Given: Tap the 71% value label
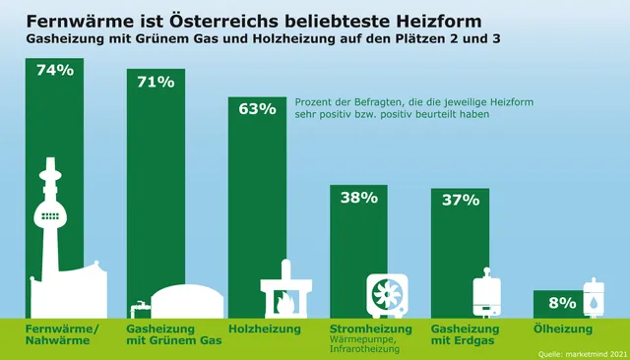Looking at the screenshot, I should [156, 82].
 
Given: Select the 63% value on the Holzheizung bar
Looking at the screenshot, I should [257, 108].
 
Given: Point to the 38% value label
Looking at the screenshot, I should [358, 197].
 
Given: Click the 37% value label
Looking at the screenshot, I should [460, 200].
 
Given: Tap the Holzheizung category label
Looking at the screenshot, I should [264, 329].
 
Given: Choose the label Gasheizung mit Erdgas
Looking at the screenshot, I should [466, 334].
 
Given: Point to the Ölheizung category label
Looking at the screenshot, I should [562, 329].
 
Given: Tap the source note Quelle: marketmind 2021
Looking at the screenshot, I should [580, 351].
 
